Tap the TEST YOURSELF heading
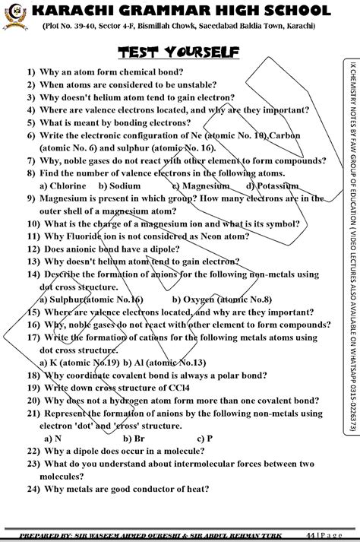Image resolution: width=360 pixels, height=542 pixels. tap(178, 52)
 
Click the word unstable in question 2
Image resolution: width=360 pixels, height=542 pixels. tap(171, 86)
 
